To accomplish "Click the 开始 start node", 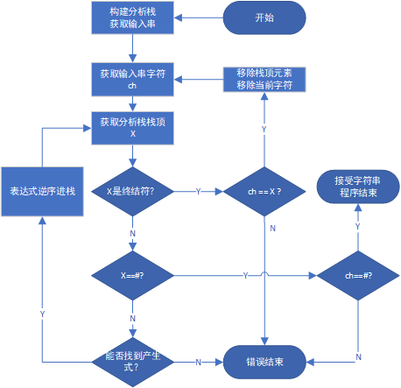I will [x=264, y=18].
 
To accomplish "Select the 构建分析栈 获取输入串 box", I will [x=132, y=18].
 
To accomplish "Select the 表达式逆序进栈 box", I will [x=41, y=190].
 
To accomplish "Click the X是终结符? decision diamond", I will [x=132, y=190].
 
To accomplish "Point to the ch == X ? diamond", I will [x=264, y=190].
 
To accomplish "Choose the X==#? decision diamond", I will [x=132, y=275].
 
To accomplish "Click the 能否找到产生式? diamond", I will [x=132, y=360].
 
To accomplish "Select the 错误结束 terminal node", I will [x=264, y=360].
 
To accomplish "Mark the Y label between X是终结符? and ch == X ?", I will [x=198, y=191].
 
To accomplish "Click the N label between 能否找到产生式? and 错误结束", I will [x=198, y=361].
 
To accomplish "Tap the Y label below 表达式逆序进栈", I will [x=42, y=313].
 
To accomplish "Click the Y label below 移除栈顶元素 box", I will [x=264, y=129].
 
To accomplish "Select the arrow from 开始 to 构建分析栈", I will [x=198, y=18].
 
